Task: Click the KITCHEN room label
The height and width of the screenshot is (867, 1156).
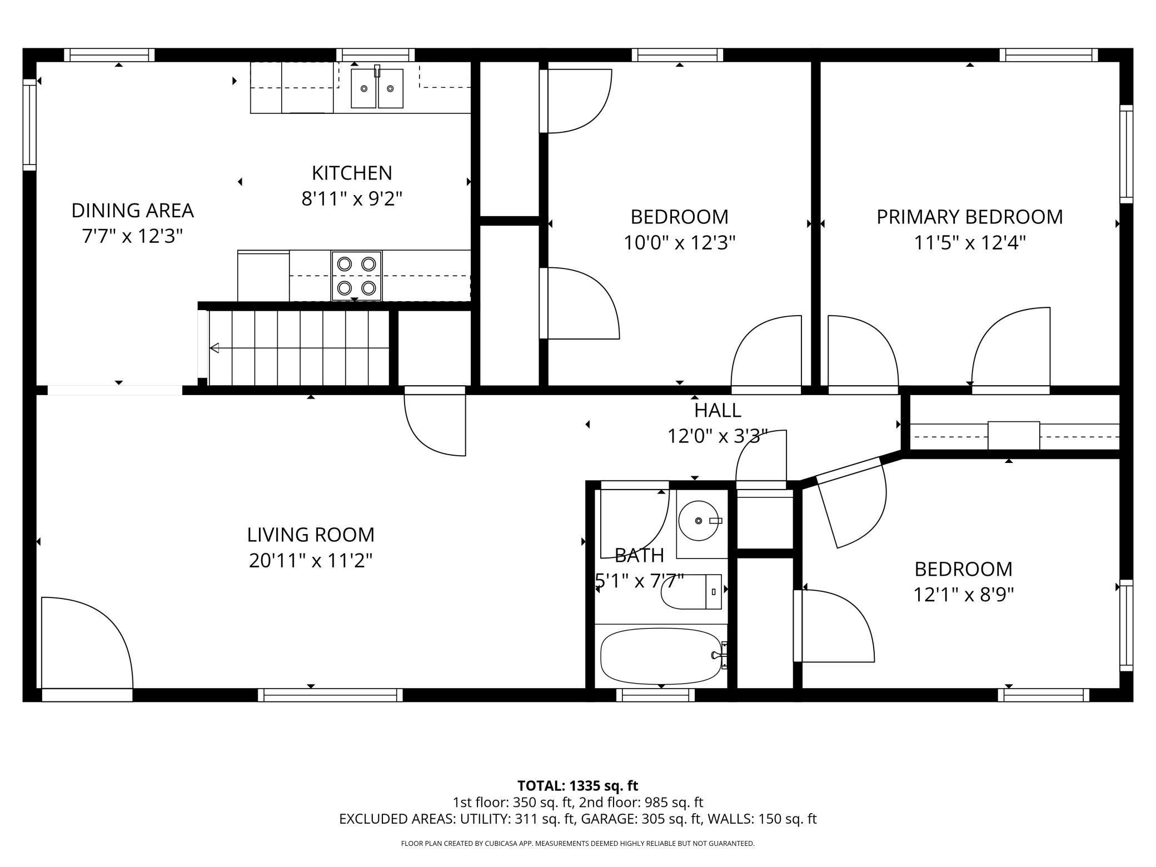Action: pos(352,173)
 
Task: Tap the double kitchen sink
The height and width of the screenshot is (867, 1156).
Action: pos(377,88)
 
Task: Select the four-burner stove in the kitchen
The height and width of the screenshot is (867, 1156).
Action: pos(356,276)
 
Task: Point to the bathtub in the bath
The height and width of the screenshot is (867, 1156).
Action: pos(660,655)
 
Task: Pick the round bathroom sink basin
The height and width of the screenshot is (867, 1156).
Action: pos(699,520)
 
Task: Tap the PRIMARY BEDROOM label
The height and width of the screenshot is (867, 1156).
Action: pos(969,217)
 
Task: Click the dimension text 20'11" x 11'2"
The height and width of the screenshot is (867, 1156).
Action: pos(310,561)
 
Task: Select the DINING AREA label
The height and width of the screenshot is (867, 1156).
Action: pos(132,211)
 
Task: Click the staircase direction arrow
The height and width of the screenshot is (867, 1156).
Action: pos(215,348)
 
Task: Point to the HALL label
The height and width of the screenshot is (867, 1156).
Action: pos(717,410)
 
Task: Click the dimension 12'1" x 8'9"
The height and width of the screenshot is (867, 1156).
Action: pos(963,595)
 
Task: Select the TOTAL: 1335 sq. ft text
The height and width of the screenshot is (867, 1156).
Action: pos(577,786)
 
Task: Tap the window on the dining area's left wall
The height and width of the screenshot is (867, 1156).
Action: pos(29,124)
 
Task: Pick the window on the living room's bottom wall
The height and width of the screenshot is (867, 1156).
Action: pos(330,695)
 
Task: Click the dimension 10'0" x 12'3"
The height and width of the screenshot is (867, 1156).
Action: pos(679,243)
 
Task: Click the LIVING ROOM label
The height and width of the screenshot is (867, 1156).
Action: pos(310,535)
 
